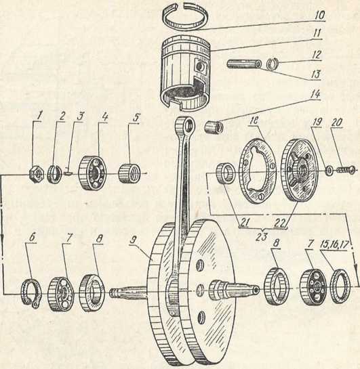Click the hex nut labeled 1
(x=36, y=175)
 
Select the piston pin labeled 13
(x=244, y=64)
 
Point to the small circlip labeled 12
(x=273, y=64)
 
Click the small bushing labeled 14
(x=214, y=127)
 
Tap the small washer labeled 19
(x=328, y=171)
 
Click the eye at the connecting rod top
(x=187, y=126)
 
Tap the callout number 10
(x=319, y=16)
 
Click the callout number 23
(x=262, y=237)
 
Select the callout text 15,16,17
(x=334, y=244)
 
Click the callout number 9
(x=134, y=240)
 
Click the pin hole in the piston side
(x=201, y=67)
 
